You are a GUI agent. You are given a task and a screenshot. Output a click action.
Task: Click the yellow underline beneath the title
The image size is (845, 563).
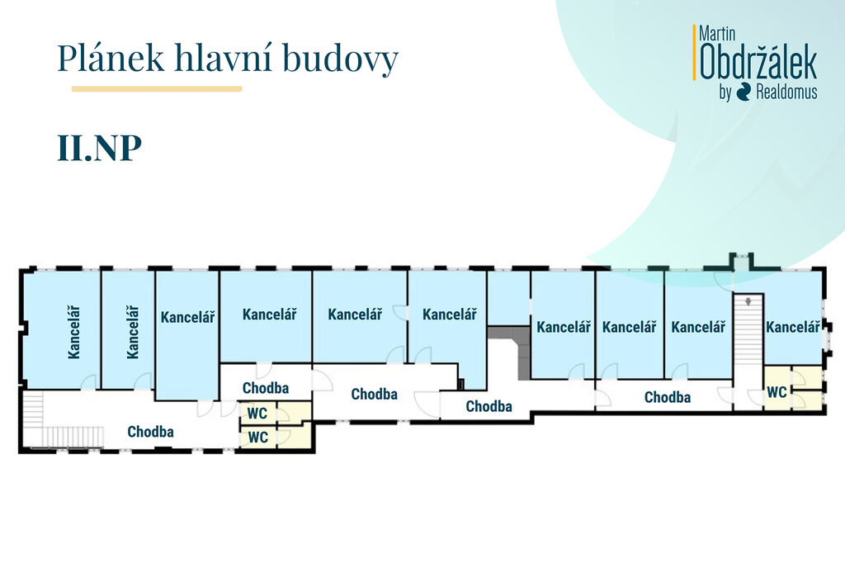(157, 88)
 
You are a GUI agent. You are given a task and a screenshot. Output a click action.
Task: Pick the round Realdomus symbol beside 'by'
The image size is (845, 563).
(744, 92)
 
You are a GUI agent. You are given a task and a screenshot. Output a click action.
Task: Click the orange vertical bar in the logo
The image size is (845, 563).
(695, 53)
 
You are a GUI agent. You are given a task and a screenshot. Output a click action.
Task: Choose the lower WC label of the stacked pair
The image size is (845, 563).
(258, 438)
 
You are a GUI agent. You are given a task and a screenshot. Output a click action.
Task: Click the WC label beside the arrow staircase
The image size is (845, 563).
(777, 392)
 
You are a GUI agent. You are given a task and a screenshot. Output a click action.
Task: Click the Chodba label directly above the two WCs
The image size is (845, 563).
(266, 387)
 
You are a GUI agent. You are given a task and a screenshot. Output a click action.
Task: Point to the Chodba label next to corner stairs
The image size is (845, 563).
(150, 431)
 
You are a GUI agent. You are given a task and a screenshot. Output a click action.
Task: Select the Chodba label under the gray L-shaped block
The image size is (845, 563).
(489, 406)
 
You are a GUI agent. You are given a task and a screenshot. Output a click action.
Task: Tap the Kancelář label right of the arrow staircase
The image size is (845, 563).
(793, 327)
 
